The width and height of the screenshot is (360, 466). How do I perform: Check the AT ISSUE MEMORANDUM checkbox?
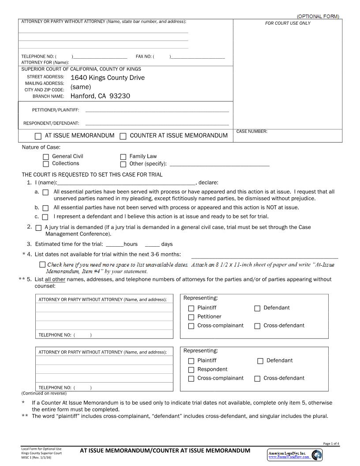38,136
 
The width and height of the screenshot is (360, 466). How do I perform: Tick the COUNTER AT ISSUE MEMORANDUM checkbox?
123,136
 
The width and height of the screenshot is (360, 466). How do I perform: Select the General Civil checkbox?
46,157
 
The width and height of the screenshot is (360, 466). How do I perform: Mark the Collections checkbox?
46,164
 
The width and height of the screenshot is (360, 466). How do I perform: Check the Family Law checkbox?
123,157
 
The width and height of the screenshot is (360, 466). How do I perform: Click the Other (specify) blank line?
219,165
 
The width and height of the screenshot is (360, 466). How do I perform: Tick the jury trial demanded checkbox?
38,228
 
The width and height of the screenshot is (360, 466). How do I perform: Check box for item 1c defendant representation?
45,217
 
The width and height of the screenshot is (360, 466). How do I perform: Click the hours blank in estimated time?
115,244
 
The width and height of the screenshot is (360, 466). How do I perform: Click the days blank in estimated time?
152,244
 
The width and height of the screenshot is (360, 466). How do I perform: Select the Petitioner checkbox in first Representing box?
191,317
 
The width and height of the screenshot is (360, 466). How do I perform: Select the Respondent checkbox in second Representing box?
191,370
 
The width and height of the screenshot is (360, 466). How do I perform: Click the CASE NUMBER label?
252,132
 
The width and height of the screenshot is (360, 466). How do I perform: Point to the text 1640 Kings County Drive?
108,78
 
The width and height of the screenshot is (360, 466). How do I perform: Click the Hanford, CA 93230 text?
100,96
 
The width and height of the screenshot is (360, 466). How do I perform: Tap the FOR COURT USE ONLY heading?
288,23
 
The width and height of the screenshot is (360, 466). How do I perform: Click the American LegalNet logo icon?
316,455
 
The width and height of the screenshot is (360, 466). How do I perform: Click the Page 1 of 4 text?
331,443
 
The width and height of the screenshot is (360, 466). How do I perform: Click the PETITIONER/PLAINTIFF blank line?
157,111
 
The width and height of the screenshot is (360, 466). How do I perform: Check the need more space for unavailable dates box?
42,265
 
